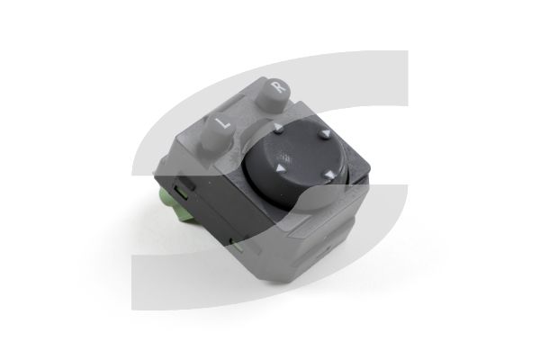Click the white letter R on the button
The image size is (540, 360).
pos(279,86)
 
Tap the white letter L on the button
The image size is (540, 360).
pos(223,122)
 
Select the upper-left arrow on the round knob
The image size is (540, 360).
pos(278,129)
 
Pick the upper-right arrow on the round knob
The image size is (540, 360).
pos(324,134)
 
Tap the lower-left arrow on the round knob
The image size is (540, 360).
pos(281,168)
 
